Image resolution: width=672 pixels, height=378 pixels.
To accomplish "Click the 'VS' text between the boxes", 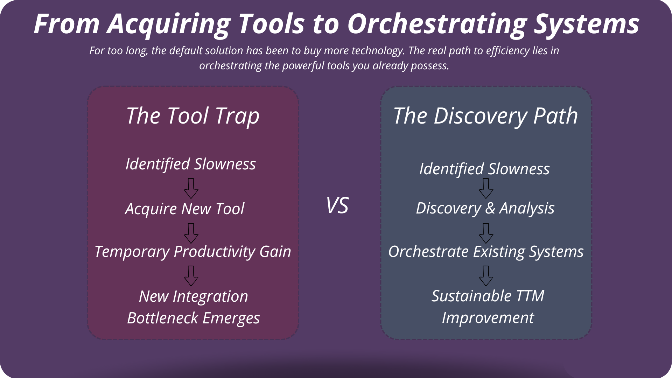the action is point(337,205).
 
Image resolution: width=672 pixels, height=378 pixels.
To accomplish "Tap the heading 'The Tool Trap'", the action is point(193,116).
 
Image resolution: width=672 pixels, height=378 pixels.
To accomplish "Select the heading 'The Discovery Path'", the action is point(486,116).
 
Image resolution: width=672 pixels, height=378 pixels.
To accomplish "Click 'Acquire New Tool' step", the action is point(185,209).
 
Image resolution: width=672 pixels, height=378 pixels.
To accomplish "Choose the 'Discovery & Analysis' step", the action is point(485,209).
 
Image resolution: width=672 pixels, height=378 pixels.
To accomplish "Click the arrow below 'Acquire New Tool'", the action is point(191,233).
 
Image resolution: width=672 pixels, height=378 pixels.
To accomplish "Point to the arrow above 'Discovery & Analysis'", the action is point(486,189).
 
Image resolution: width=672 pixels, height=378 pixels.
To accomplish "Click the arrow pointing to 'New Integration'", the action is point(191,276).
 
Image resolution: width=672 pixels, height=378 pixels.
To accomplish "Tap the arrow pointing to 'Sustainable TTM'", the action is point(486,276).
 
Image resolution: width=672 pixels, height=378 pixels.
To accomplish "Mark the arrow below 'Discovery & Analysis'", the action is point(486,233).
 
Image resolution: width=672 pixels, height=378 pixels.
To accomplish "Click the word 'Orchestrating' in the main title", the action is point(437,24).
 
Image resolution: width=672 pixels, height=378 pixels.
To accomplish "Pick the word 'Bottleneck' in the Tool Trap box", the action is point(163,318).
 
